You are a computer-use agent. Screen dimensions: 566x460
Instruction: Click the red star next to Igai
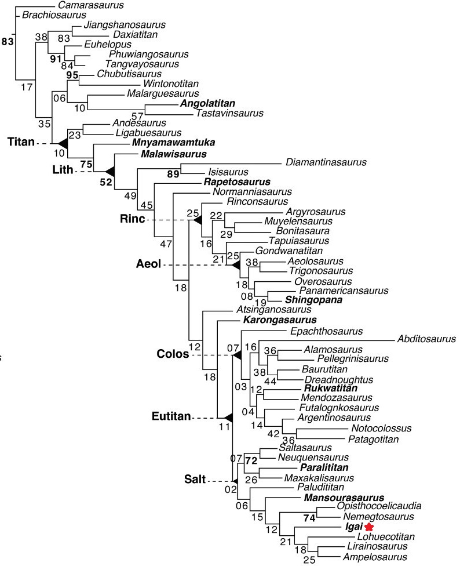(x=368, y=527)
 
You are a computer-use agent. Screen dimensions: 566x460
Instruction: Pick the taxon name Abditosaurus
(x=426, y=339)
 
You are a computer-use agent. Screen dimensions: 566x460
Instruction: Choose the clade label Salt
(x=192, y=481)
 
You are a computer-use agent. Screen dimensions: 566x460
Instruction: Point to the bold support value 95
(x=72, y=74)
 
